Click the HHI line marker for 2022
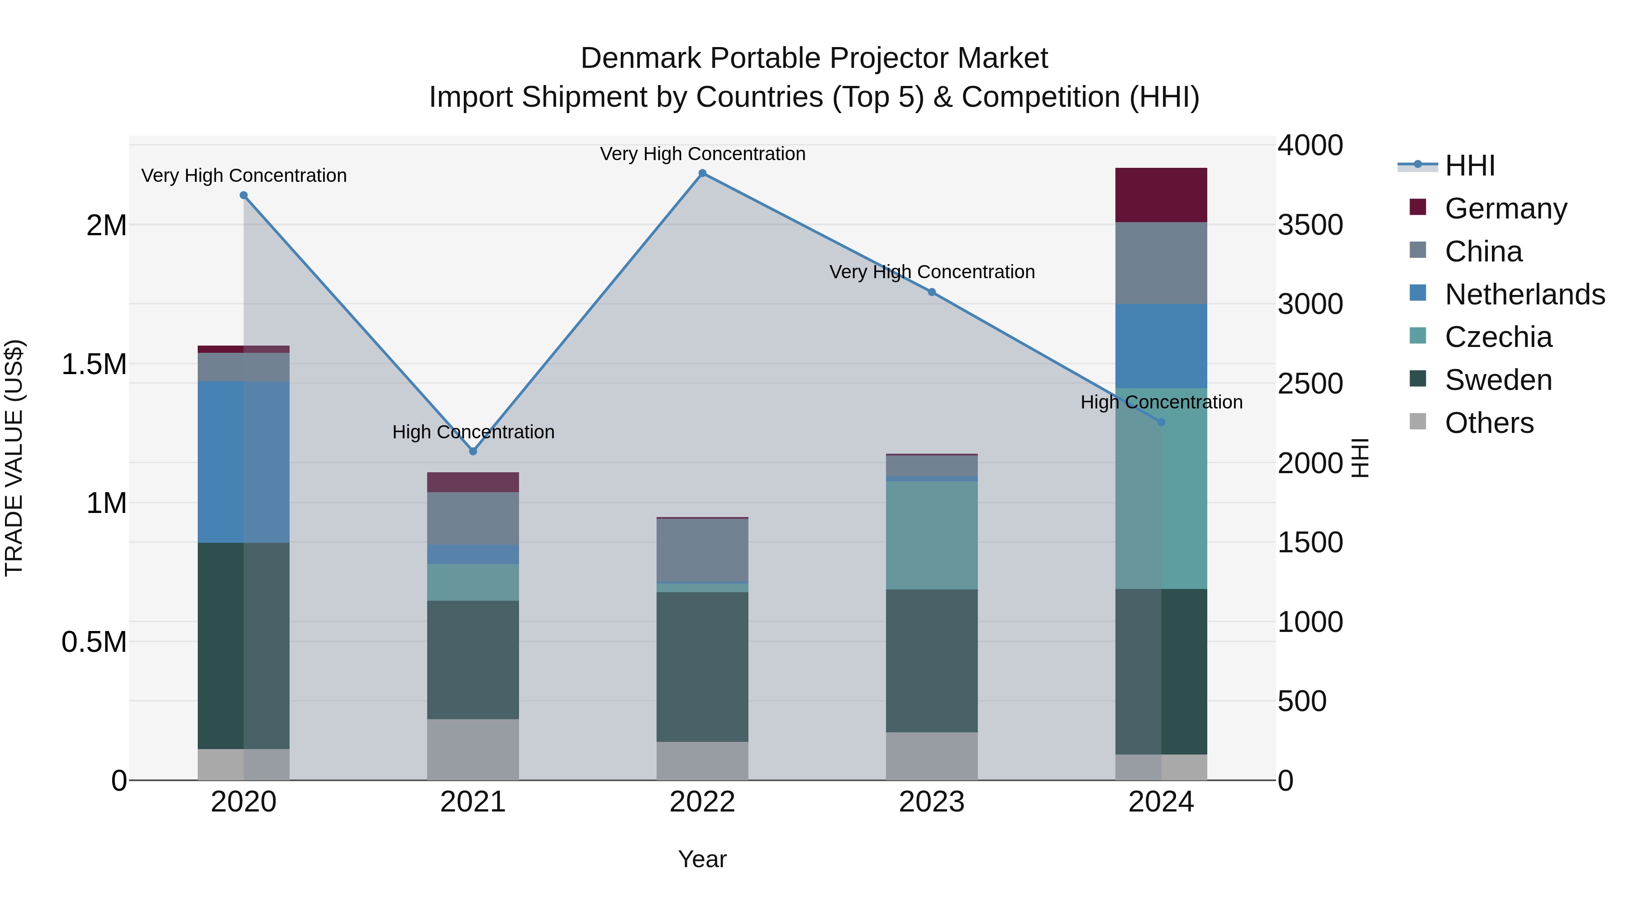[x=702, y=173]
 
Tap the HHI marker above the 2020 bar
[x=243, y=195]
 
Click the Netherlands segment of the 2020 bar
[x=243, y=461]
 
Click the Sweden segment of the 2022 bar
[x=702, y=666]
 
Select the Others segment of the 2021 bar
[x=473, y=749]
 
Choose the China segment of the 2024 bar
[x=1161, y=263]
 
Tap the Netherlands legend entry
[x=1524, y=294]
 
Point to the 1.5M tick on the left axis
[x=94, y=365]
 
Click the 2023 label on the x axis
[x=932, y=802]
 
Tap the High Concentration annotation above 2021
[x=473, y=432]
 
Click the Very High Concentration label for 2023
[x=932, y=272]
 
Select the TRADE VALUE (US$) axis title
[x=14, y=458]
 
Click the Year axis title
[x=702, y=859]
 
